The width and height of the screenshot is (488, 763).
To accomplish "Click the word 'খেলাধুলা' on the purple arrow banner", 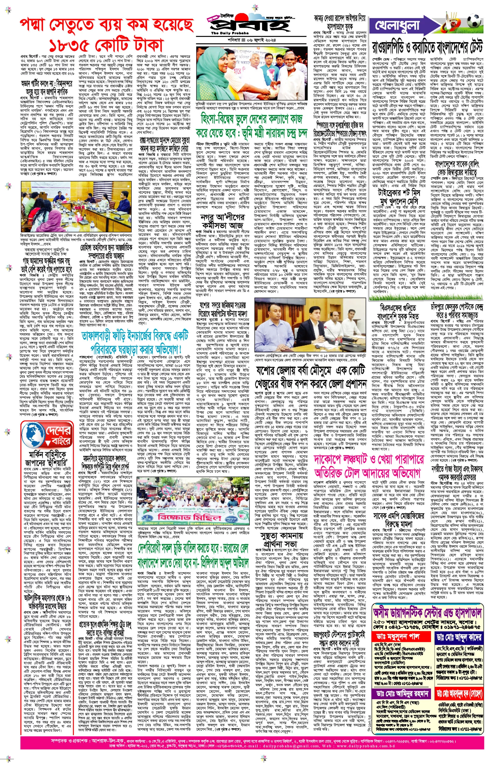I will point(397,25).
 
